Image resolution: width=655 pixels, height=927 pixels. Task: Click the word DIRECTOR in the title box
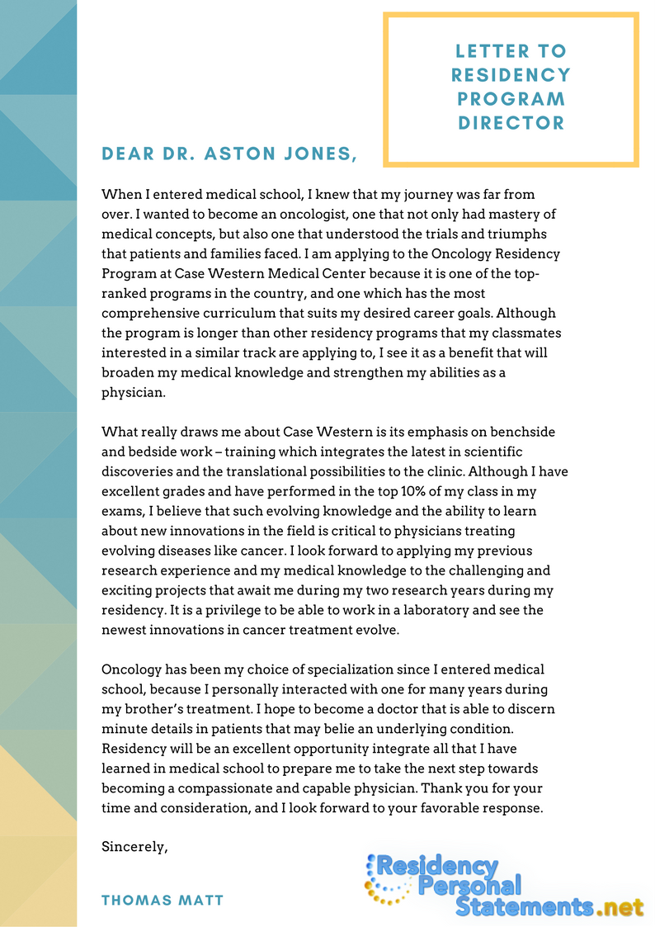[511, 123]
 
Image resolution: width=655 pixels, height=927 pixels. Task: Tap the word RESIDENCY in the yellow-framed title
[511, 75]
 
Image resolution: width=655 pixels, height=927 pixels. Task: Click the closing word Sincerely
[134, 848]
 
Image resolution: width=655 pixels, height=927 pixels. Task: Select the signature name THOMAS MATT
[163, 900]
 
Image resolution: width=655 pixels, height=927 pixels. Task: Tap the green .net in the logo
[620, 907]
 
